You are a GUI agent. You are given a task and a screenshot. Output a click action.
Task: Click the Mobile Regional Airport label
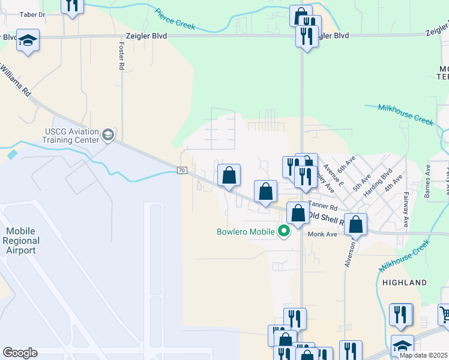tap(21, 241)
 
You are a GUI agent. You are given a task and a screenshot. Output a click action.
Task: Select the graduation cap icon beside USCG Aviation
tap(108, 134)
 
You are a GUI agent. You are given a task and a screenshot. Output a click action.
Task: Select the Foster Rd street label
tap(121, 56)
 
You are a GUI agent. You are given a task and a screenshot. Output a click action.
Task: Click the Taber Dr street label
tap(32, 14)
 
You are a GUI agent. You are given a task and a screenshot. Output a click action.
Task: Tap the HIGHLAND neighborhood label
tap(403, 282)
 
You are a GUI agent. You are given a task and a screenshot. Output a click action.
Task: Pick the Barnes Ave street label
tap(427, 181)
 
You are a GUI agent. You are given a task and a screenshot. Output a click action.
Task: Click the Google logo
tap(20, 353)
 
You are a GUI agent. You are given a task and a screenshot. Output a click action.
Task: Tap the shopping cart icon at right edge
tap(444, 314)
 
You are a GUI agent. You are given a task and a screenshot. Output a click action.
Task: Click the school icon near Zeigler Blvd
tap(28, 40)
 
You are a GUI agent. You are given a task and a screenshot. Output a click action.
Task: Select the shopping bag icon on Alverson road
tap(356, 225)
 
